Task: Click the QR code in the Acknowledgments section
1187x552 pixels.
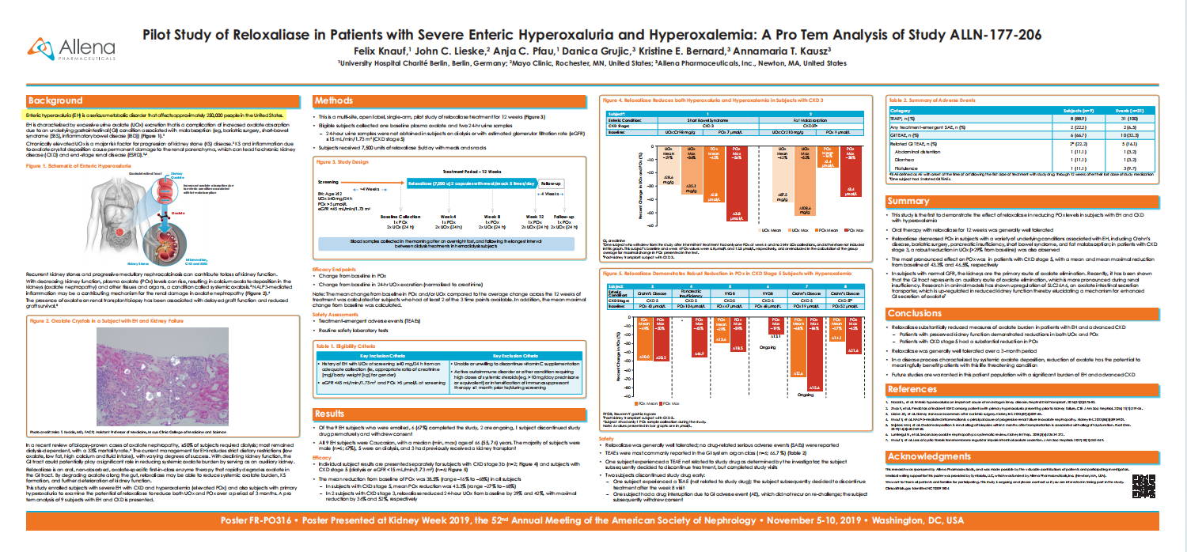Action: (x=1142, y=486)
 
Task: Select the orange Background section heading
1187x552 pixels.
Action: (x=55, y=101)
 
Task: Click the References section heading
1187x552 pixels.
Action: (x=912, y=390)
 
